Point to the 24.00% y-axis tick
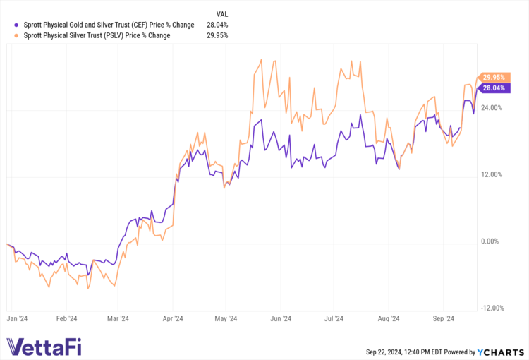tap(491, 108)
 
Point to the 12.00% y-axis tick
tap(491, 174)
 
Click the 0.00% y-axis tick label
tap(490, 241)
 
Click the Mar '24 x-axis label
tap(118, 319)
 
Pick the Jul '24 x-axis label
tap(334, 319)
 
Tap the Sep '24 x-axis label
tap(443, 319)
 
